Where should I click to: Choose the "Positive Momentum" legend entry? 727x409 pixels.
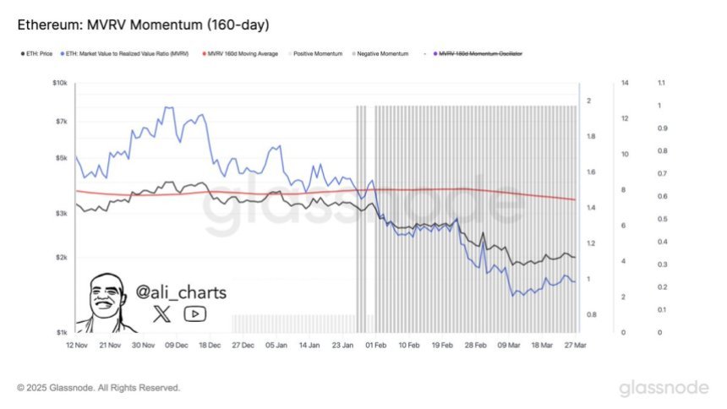point(319,53)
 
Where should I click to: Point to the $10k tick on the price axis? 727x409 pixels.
point(60,83)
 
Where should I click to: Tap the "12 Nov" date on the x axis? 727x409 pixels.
point(78,345)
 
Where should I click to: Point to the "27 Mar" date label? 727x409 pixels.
point(575,345)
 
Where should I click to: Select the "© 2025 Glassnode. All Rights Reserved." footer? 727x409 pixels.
point(98,388)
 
